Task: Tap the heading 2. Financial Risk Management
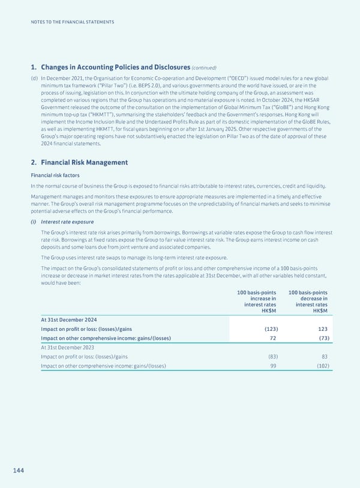click(79, 162)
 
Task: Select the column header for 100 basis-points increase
click(257, 302)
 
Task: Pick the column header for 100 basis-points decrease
click(308, 302)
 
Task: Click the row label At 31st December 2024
click(69, 320)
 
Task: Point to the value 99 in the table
click(273, 366)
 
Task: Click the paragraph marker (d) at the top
click(34, 79)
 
